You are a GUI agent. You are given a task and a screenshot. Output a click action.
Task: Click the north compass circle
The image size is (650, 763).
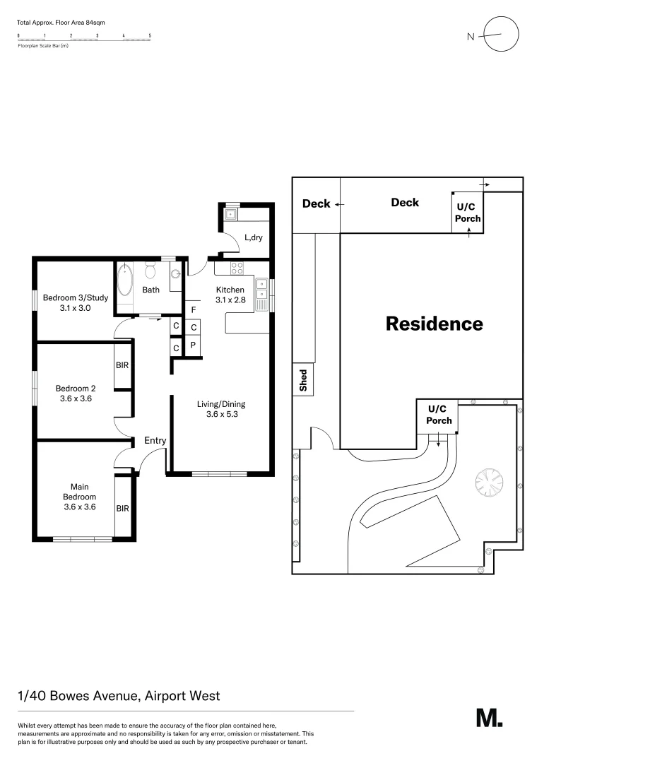click(x=501, y=34)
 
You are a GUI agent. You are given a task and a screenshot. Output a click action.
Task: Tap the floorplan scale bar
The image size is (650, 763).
click(x=84, y=39)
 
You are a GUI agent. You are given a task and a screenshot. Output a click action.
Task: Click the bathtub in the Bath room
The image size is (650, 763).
click(x=125, y=280)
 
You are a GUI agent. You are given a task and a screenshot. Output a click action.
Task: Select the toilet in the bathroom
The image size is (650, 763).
click(x=150, y=271)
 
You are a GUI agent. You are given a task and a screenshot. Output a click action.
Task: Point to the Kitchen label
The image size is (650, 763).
click(x=230, y=290)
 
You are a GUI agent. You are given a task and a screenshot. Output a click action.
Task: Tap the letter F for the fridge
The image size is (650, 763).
click(x=194, y=309)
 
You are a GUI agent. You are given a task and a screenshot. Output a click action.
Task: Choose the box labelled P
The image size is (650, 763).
click(x=193, y=346)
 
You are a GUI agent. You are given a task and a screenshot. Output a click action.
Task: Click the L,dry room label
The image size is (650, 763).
click(x=253, y=237)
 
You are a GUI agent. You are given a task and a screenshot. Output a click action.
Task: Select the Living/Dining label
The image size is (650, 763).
click(x=221, y=404)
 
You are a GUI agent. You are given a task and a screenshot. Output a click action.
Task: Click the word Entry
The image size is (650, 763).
click(x=155, y=440)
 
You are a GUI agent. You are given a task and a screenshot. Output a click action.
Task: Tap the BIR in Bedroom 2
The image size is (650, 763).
click(x=122, y=365)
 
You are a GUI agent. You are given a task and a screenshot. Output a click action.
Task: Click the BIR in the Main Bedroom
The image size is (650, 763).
click(x=122, y=508)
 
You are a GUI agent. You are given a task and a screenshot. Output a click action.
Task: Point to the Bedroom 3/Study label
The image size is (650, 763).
click(x=76, y=298)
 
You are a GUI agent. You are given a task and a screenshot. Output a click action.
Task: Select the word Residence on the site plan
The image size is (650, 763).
click(x=434, y=324)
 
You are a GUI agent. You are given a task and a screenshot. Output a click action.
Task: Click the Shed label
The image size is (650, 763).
click(x=304, y=381)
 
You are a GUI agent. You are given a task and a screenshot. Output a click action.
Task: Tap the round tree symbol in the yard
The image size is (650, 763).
click(x=489, y=484)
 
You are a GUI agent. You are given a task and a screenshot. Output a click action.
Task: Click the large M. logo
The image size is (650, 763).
click(x=489, y=718)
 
